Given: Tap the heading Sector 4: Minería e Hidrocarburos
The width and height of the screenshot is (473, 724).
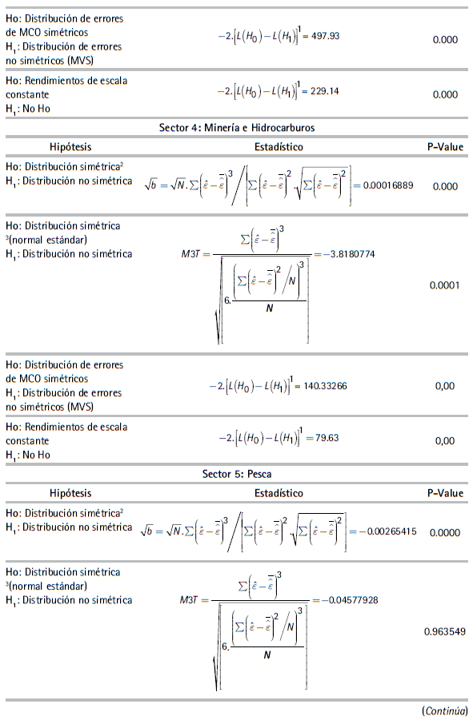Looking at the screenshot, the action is click(236, 128).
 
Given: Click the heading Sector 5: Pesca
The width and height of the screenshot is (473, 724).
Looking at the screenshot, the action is click(236, 475).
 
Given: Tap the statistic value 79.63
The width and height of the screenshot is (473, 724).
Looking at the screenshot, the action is click(319, 439).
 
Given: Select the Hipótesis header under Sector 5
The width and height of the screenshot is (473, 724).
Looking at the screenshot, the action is click(70, 494).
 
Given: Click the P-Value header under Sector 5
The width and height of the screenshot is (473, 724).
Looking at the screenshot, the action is click(444, 494).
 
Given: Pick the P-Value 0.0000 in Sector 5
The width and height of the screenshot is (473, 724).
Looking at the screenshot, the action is click(444, 531).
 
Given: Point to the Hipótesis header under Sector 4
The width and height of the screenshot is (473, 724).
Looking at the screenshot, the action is click(70, 147).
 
